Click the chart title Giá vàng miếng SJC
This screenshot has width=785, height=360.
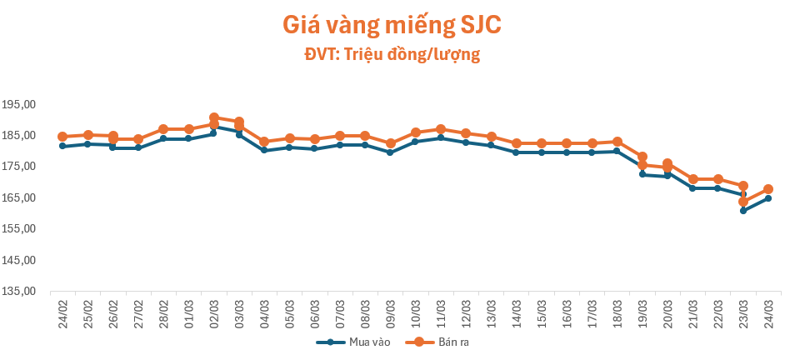point(392,25)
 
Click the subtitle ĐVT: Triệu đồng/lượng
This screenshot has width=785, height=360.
point(392,55)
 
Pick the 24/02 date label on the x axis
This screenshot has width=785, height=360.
point(62,312)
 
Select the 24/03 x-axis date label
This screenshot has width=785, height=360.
point(767,312)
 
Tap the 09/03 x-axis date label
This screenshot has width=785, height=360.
point(390,312)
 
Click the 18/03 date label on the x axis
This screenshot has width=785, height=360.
point(617,312)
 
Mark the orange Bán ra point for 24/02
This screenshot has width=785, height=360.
point(62,137)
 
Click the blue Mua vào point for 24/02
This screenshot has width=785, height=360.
point(62,146)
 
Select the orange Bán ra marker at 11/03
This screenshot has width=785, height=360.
point(441,129)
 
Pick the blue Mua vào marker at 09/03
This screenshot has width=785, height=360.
point(390,152)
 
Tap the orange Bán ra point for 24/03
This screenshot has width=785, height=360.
point(768,189)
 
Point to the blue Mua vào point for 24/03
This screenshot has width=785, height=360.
point(768,198)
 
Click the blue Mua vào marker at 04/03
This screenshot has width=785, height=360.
point(264,150)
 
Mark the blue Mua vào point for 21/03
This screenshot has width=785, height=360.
point(692,188)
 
